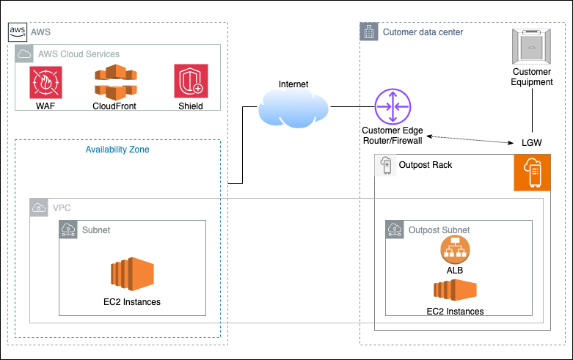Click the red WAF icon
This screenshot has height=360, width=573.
tap(45, 82)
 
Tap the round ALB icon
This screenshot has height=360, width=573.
tap(455, 251)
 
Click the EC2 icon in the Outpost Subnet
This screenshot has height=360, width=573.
tap(455, 290)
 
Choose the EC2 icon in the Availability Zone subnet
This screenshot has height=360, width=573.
tap(132, 275)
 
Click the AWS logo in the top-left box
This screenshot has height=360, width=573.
tap(18, 33)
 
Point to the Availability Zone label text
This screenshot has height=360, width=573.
tap(117, 149)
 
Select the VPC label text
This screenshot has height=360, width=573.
tap(62, 208)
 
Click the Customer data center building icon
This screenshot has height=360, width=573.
tap(369, 32)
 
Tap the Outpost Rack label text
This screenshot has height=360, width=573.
tap(425, 165)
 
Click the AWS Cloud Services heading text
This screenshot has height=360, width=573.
tap(79, 54)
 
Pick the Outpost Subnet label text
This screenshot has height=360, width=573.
tap(439, 229)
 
